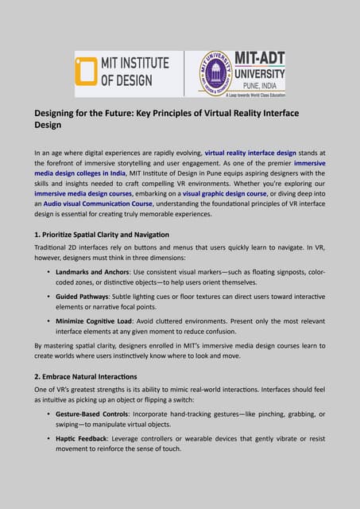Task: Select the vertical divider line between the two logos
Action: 184,73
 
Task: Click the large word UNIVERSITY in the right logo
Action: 255,70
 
